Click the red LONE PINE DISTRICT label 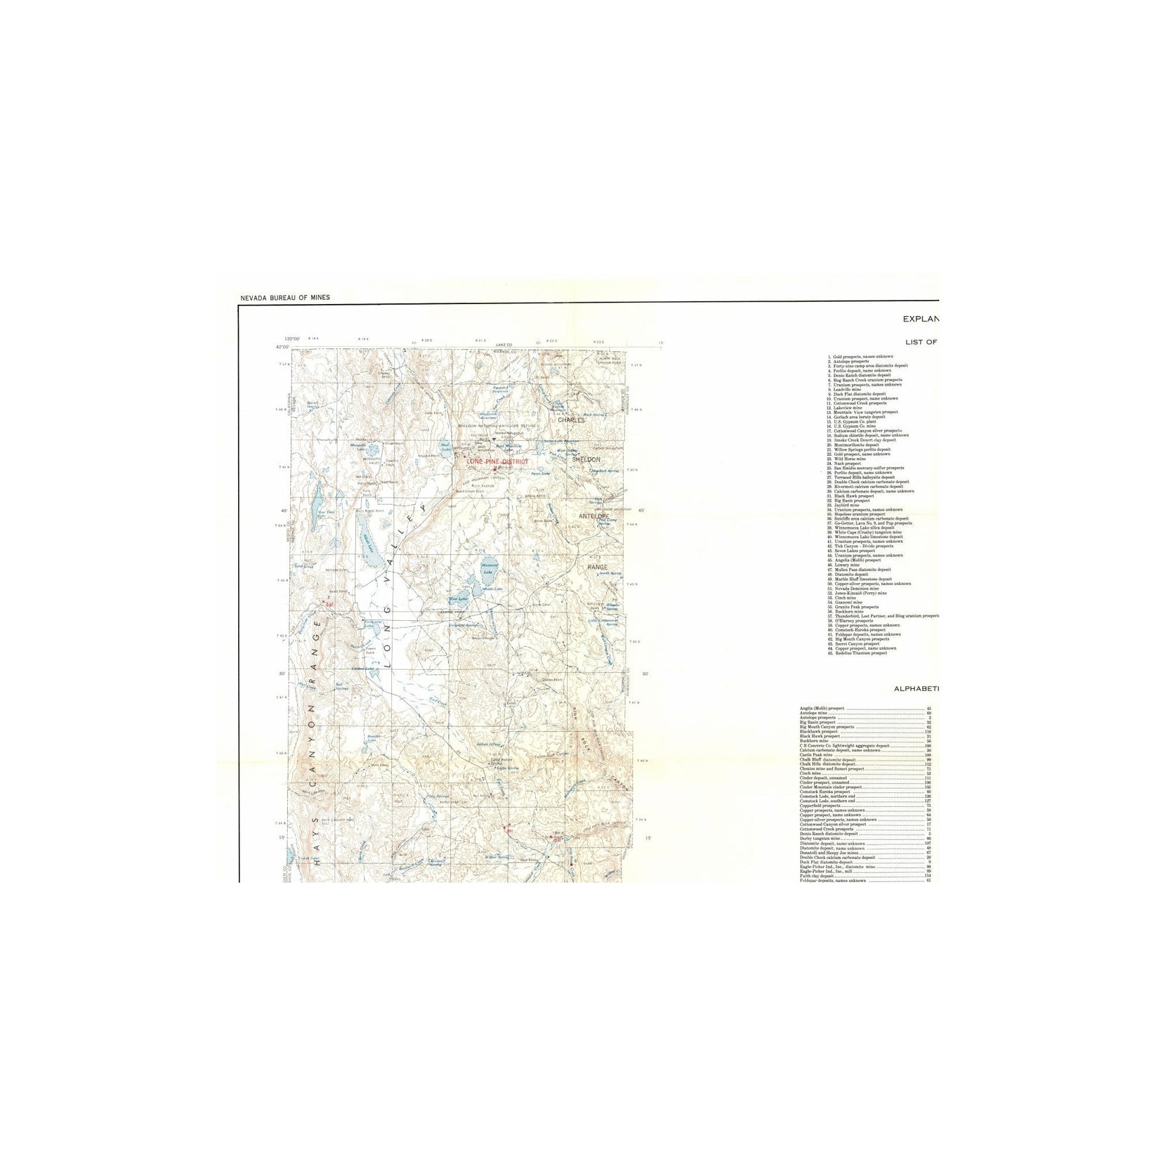[x=497, y=461]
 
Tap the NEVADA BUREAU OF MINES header [x=284, y=298]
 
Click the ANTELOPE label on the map [x=596, y=516]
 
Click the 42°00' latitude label [x=282, y=347]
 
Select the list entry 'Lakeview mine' [x=848, y=407]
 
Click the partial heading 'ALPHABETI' [x=916, y=689]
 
